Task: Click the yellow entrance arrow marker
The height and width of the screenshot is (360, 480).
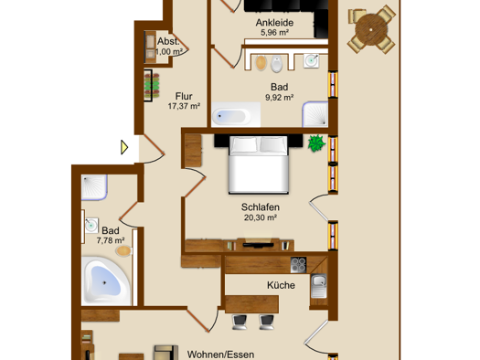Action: (x=124, y=147)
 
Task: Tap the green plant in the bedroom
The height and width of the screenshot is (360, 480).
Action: (x=316, y=143)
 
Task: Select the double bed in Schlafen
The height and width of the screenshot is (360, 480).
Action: (x=259, y=164)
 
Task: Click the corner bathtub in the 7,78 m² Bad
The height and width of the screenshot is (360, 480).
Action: (x=106, y=281)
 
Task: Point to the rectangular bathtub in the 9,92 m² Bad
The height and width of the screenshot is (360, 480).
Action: (x=236, y=115)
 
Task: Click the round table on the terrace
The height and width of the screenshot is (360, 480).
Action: (x=371, y=29)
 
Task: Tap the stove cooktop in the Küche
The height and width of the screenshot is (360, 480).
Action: (x=298, y=265)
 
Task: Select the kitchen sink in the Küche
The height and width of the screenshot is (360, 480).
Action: (x=319, y=286)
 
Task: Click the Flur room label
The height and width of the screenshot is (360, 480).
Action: (x=184, y=96)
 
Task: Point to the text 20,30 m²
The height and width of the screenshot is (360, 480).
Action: (x=261, y=217)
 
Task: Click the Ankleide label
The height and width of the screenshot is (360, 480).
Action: (x=274, y=22)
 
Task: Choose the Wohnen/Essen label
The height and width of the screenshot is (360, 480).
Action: (x=220, y=355)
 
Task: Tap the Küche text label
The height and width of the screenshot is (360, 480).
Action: (x=281, y=285)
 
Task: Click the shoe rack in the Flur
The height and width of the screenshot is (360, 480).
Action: (x=152, y=85)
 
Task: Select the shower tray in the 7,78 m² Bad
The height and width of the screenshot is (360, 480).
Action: (x=94, y=187)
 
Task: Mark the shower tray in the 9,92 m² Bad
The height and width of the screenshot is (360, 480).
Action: (x=315, y=114)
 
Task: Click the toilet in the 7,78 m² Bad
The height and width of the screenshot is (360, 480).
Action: (x=124, y=250)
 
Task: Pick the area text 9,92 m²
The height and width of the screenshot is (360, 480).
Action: (x=279, y=98)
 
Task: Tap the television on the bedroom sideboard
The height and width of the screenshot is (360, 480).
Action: (x=258, y=244)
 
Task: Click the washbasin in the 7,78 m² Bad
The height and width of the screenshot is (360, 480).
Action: (x=91, y=226)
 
